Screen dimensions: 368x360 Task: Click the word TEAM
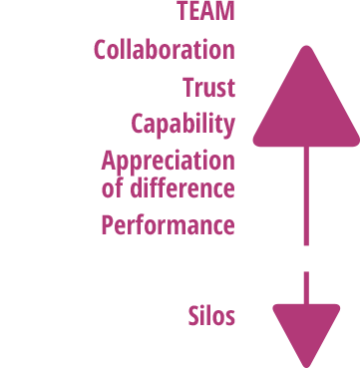tap(205, 13)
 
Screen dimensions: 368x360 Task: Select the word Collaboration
tap(165, 50)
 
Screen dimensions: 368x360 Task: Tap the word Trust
tap(209, 88)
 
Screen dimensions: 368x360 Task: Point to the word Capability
tap(183, 125)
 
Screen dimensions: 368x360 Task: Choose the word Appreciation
tap(169, 162)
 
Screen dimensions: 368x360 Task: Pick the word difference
tap(181, 186)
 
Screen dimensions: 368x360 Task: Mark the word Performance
tap(168, 225)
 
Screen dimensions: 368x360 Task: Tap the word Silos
tap(211, 317)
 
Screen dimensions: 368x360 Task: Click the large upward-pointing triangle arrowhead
tap(306, 105)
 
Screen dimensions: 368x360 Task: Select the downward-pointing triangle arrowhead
tap(306, 329)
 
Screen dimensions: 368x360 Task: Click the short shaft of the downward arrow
tap(306, 286)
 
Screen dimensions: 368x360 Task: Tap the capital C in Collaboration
tap(101, 50)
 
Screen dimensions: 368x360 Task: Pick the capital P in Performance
tap(108, 225)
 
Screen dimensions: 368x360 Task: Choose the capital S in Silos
tap(194, 317)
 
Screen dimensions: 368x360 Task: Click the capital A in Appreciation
tap(109, 161)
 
